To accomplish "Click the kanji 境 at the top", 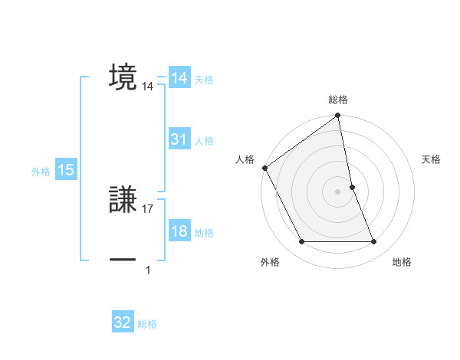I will click(x=123, y=77).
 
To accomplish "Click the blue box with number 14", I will click(x=179, y=78).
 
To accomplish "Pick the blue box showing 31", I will click(x=179, y=139).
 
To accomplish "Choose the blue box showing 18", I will click(x=179, y=232).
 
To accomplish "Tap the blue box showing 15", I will click(x=66, y=171).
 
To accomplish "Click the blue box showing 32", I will click(x=123, y=322).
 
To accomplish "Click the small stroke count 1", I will click(x=148, y=270).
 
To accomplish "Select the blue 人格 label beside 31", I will click(x=204, y=141).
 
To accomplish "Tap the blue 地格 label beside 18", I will click(x=204, y=233).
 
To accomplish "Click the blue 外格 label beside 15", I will click(x=41, y=172).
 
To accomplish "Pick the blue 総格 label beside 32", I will click(x=147, y=324).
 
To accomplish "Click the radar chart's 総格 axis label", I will click(x=338, y=100).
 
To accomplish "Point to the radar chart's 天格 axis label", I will click(x=431, y=159).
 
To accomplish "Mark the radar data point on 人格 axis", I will click(x=264, y=168).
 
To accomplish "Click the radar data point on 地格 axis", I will click(x=374, y=242).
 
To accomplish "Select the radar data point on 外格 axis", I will click(x=301, y=242).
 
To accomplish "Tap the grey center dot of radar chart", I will click(x=338, y=191).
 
